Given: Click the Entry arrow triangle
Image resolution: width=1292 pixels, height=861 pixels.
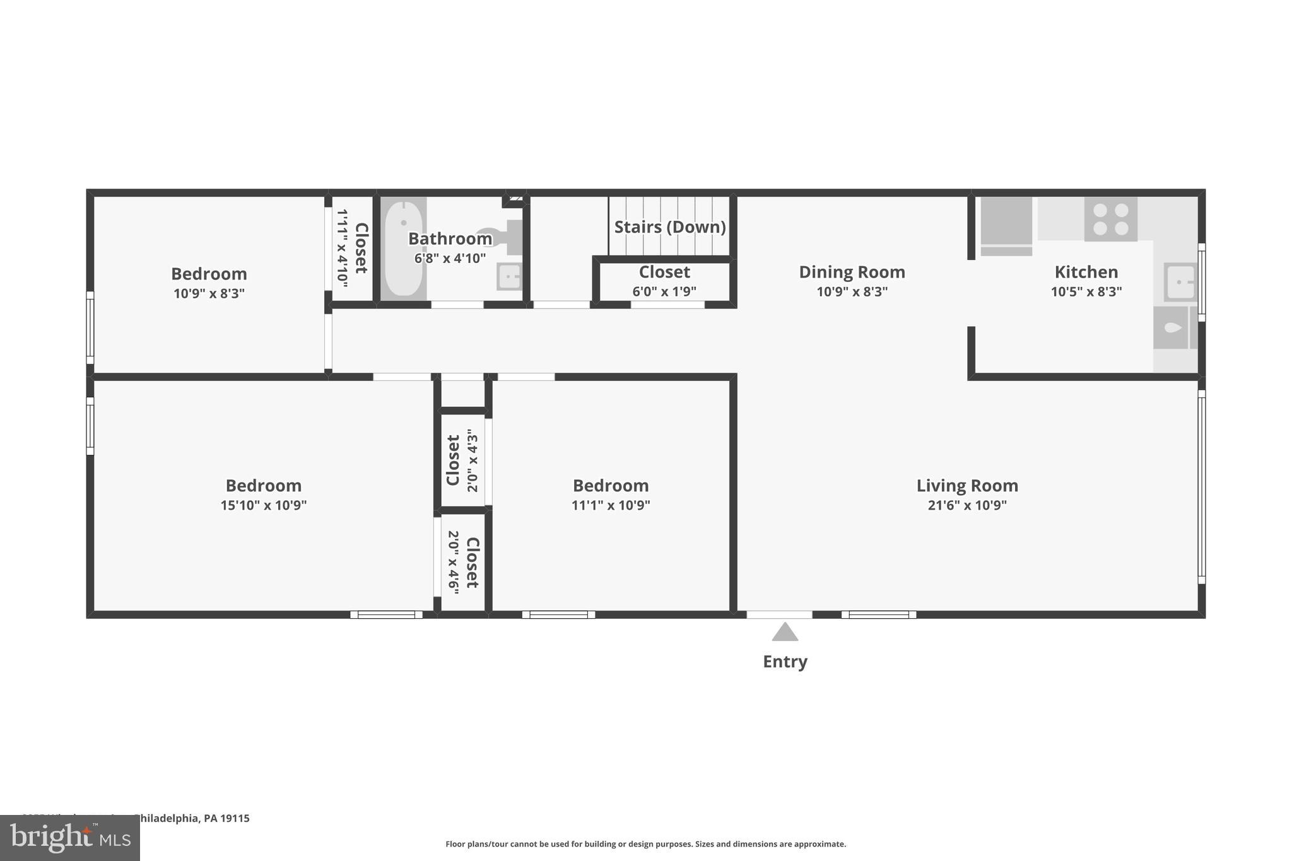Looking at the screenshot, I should point(785,632).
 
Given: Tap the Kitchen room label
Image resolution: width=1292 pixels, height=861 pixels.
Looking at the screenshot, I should point(1086,272).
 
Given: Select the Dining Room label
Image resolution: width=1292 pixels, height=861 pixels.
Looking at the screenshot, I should point(852,272).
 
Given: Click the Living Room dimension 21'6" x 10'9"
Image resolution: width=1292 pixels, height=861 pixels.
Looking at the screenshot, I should point(966,505).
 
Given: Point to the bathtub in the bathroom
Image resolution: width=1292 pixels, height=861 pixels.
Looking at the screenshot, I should point(403,249).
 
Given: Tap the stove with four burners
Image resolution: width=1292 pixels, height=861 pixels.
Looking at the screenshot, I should point(1110,219).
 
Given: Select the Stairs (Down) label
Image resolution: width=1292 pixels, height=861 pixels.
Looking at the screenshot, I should point(669,227).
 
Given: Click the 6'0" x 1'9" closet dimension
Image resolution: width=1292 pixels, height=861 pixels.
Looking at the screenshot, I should point(664,291).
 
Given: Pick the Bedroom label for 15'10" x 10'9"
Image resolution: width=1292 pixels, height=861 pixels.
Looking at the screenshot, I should point(263,486).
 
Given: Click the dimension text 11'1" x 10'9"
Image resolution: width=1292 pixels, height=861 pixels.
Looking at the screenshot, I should point(610,505).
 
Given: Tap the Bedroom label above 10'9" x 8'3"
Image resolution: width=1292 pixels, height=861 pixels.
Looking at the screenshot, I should point(209,274).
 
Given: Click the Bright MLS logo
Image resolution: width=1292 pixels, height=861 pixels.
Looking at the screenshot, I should point(70,838).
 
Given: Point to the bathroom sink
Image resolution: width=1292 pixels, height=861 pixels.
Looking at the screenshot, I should point(508,276).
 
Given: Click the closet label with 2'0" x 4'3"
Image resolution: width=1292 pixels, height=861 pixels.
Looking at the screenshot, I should point(453,460).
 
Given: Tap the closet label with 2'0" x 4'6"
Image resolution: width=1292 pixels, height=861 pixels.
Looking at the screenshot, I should point(472,563).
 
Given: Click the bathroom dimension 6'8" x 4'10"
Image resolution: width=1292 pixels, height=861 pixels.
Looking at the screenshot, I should point(450,259).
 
